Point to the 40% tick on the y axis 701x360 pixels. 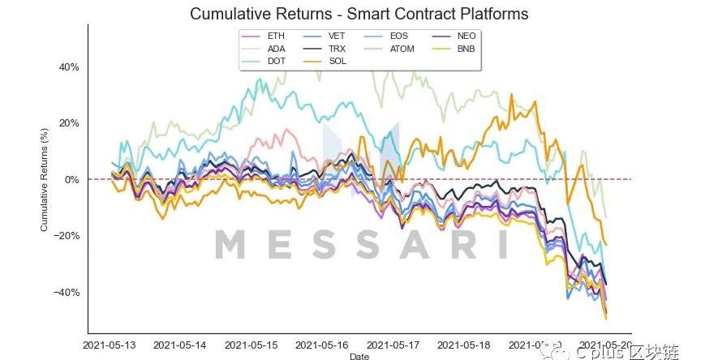pos(68,67)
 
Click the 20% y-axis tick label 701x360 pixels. pos(68,123)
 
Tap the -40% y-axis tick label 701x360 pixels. pos(67,292)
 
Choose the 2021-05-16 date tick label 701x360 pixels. pos(323,345)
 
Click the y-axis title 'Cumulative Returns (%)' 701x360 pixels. pos(45,179)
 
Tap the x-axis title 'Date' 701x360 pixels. pos(359,356)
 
